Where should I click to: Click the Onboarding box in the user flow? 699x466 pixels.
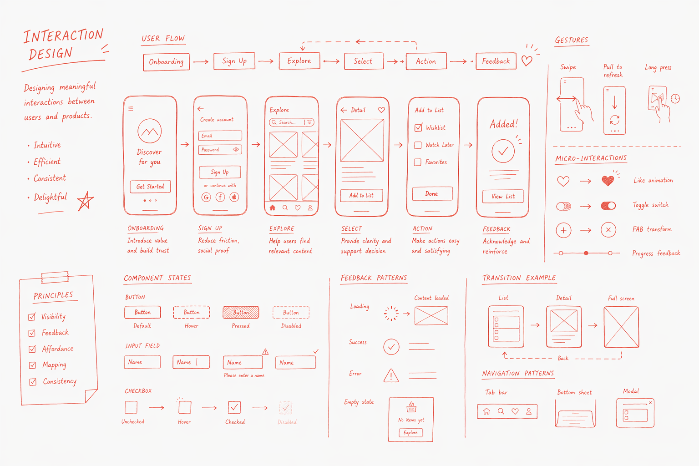pos(166,62)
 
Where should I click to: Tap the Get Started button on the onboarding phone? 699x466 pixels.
pos(150,187)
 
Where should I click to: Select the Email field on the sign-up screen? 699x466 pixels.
pos(220,136)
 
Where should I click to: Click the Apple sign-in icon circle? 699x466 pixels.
pos(234,197)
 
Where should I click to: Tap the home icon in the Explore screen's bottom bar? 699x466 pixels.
pos(273,208)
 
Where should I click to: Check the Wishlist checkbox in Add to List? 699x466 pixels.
pos(418,128)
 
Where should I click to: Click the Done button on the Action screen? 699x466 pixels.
pos(432,194)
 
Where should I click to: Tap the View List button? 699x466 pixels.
pos(503,196)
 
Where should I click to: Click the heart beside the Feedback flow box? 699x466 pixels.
pos(527,61)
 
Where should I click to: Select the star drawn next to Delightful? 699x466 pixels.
pos(85,201)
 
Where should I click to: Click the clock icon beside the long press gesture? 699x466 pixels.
pos(675,99)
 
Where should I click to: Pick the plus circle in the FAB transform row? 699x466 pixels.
pos(563,230)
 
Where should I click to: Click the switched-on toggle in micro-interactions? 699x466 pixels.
pos(608,206)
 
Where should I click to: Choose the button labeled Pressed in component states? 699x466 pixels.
pos(241,313)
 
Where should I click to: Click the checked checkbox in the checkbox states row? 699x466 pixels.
pos(234,407)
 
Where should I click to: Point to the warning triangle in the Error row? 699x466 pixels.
pos(391,375)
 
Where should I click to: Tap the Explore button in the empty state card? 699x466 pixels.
pos(410,433)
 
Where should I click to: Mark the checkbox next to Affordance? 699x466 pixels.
pos(32,349)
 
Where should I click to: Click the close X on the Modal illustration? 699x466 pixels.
pos(650,403)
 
